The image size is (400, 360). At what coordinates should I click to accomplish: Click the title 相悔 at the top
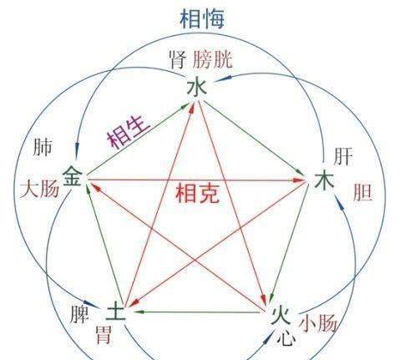[x=202, y=18]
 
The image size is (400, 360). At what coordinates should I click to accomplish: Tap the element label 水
[x=197, y=87]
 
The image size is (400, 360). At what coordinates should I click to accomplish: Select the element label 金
[x=73, y=176]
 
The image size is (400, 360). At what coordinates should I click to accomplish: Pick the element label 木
[x=324, y=181]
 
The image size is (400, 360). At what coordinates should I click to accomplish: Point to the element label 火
[x=281, y=316]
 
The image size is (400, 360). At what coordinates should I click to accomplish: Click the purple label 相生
[x=129, y=131]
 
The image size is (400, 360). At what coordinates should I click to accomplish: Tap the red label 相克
[x=197, y=193]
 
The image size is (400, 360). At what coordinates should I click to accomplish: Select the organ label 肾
[x=178, y=59]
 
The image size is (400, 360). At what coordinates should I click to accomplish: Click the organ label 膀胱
[x=213, y=59]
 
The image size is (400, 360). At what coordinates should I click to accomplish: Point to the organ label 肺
[x=43, y=147]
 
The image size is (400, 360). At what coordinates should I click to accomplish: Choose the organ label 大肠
[x=39, y=189]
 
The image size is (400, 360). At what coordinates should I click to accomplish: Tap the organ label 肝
[x=343, y=156]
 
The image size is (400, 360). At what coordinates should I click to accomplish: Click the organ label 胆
[x=362, y=192]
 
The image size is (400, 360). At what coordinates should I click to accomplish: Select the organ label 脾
[x=79, y=314]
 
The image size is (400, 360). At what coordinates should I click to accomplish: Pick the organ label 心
[x=286, y=337]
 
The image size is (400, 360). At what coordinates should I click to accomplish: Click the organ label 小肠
[x=318, y=323]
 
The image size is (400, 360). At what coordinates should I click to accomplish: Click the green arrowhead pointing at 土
[x=139, y=312]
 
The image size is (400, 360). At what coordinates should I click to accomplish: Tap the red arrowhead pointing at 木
[x=301, y=180]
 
